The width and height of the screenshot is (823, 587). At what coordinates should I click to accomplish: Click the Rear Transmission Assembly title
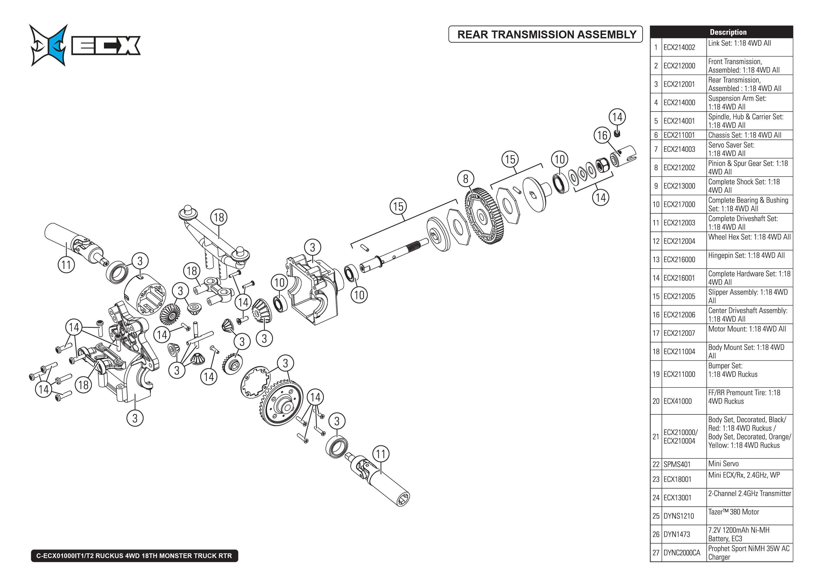click(x=546, y=34)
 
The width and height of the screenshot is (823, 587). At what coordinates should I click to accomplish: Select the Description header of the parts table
click(x=728, y=32)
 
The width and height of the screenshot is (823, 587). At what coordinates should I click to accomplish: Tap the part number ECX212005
click(x=679, y=296)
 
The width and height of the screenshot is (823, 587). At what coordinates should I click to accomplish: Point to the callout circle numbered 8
click(x=465, y=179)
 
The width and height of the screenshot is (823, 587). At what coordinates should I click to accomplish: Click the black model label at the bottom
click(x=134, y=555)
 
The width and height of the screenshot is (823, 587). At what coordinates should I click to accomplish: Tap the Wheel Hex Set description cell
click(x=749, y=237)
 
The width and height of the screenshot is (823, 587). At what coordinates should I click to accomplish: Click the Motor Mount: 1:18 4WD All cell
click(x=747, y=329)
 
